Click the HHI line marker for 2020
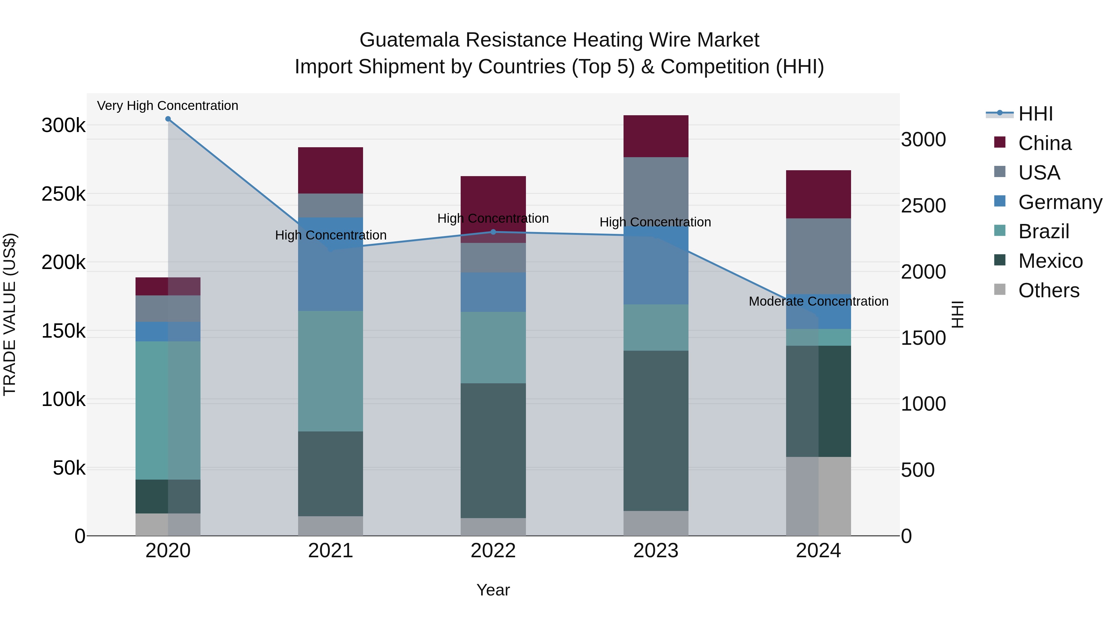pos(168,119)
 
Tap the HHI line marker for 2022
pos(493,232)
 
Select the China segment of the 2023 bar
pos(656,136)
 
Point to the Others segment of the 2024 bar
pos(818,496)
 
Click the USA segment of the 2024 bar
pos(818,256)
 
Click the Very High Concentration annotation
pos(168,106)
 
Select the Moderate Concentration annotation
pos(818,301)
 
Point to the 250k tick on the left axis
pos(63,194)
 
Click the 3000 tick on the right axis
pos(923,140)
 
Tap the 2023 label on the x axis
pos(656,551)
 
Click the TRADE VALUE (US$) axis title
pos(10,314)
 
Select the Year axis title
pos(493,590)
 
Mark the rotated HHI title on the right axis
pos(957,314)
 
